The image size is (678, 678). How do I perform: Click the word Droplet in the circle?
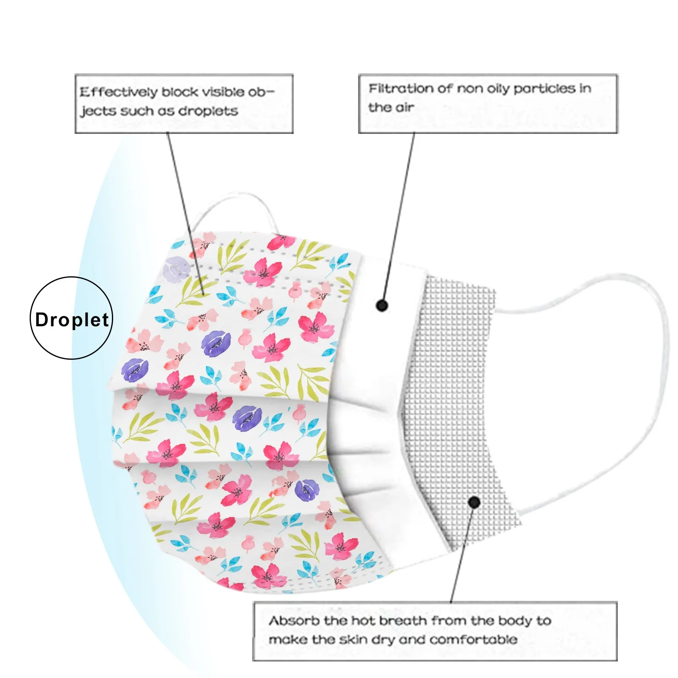tap(72, 320)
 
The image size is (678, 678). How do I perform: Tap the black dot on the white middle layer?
tap(382, 305)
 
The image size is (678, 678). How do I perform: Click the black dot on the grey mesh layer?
tap(474, 503)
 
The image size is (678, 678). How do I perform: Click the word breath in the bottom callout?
tap(403, 621)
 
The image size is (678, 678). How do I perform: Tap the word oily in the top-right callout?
tap(498, 89)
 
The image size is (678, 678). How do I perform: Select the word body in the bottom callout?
tap(514, 621)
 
